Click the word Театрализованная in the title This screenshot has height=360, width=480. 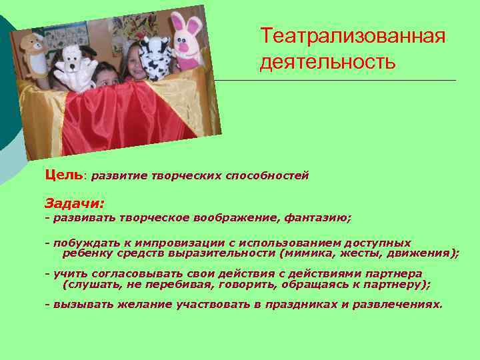coord(353,36)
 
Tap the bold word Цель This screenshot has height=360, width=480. coord(64,175)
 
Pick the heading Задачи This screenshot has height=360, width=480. coord(74,202)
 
